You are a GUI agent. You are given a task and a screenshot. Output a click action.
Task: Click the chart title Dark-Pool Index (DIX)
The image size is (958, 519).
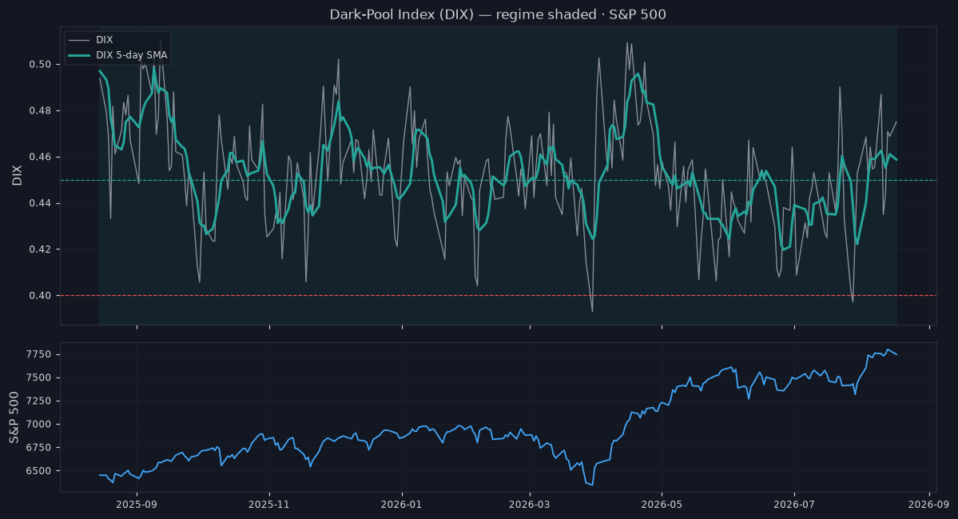coord(401,14)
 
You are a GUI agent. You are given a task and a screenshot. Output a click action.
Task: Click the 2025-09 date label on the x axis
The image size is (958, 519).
coord(137,505)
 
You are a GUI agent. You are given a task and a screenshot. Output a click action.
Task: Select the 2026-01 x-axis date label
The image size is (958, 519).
coord(401,505)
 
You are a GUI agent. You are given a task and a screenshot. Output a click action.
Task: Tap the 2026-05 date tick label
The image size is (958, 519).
coord(662,505)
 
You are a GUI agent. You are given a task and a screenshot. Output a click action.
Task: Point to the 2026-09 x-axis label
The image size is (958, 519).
coord(928,505)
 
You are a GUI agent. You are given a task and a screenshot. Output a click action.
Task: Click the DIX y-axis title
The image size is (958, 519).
coord(17,175)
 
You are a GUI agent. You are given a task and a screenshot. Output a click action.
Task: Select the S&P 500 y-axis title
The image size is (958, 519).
coord(14,417)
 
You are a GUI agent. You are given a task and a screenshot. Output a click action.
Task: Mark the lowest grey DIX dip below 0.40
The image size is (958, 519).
coord(592,311)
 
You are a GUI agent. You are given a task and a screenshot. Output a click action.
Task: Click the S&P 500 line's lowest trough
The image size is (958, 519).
coord(592,485)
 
